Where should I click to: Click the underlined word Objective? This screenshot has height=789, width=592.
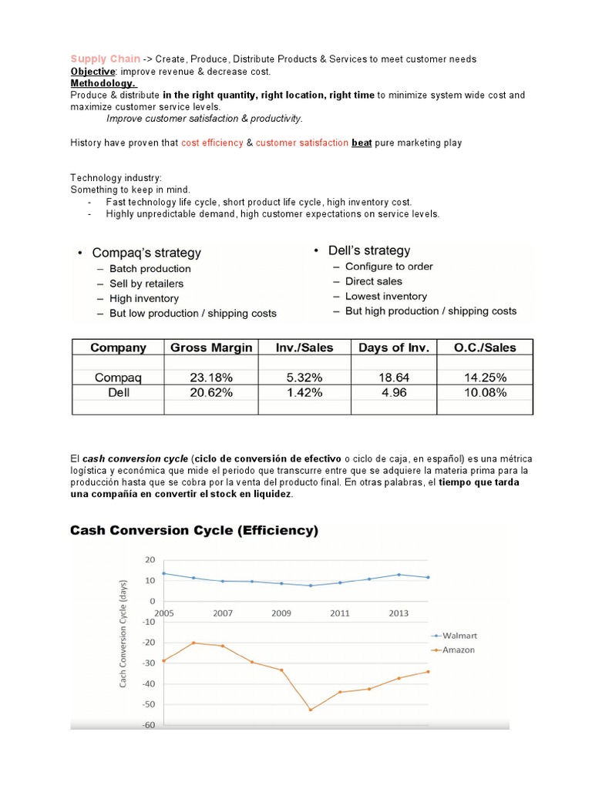pyautogui.click(x=92, y=71)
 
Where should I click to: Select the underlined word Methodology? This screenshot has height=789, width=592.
pyautogui.click(x=103, y=83)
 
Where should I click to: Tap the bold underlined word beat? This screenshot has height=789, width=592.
pyautogui.click(x=362, y=143)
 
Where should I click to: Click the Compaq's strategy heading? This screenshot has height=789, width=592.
pyautogui.click(x=146, y=253)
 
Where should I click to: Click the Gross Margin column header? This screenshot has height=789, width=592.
pyautogui.click(x=210, y=347)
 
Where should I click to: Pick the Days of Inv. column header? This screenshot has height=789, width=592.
pyautogui.click(x=393, y=347)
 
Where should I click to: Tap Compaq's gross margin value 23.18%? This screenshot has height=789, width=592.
pyautogui.click(x=210, y=378)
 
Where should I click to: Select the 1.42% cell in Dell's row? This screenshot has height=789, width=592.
pyautogui.click(x=304, y=392)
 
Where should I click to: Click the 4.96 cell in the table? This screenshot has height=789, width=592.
pyautogui.click(x=393, y=392)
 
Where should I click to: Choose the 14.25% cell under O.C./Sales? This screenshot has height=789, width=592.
pyautogui.click(x=485, y=378)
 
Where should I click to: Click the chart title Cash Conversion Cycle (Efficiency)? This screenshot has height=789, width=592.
pyautogui.click(x=194, y=530)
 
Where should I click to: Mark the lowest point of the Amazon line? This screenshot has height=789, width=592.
pyautogui.click(x=311, y=710)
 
